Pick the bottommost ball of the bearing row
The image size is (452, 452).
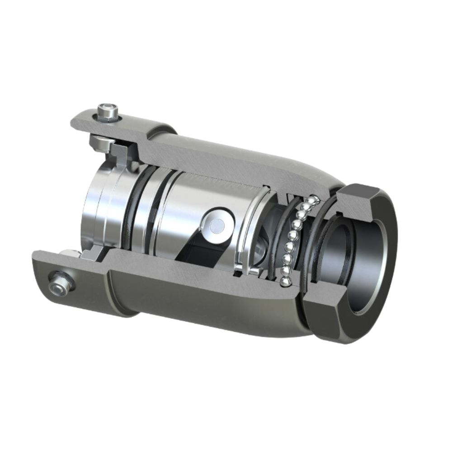284,281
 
